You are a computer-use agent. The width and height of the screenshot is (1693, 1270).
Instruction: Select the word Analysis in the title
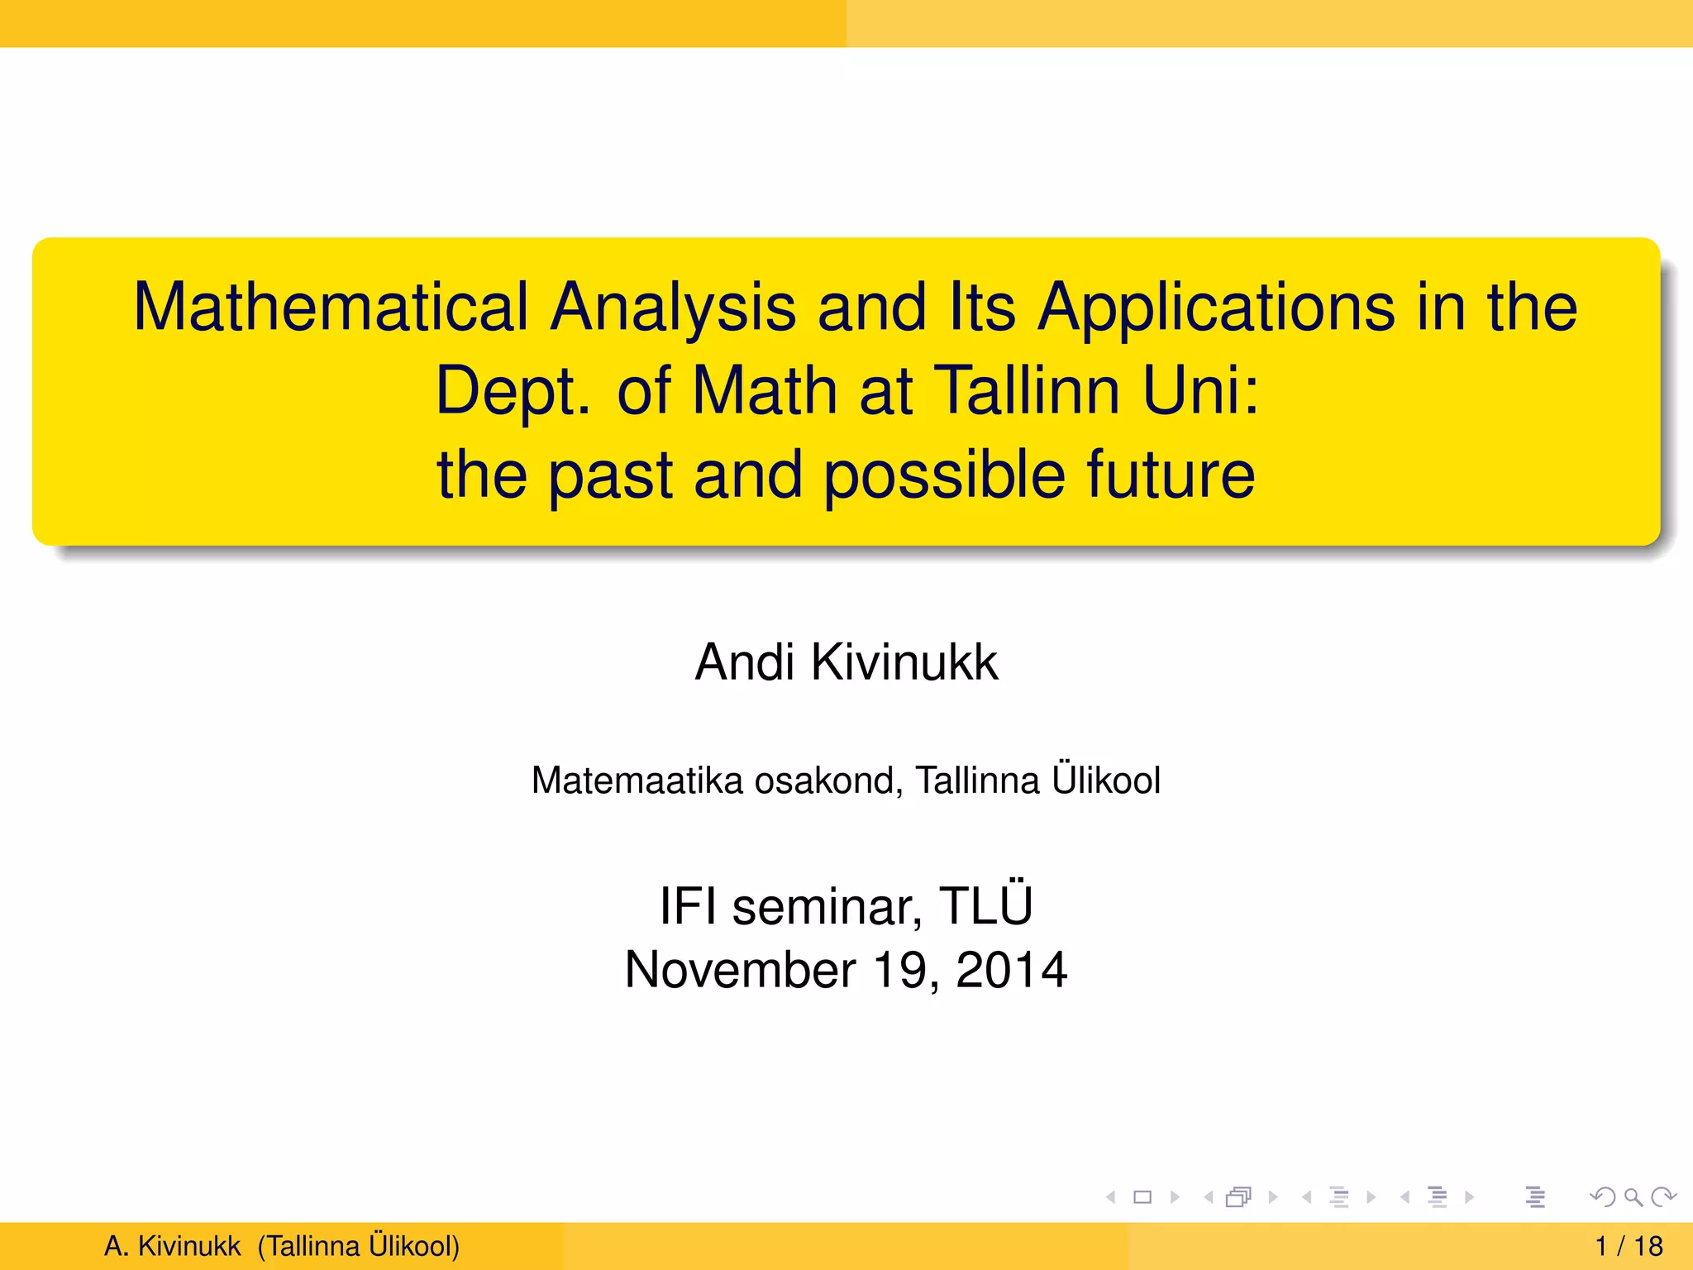673,308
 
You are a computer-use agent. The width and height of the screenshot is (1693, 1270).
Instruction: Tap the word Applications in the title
1215,308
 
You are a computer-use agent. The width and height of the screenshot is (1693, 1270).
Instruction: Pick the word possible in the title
944,475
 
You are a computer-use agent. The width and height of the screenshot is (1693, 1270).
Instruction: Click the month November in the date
740,970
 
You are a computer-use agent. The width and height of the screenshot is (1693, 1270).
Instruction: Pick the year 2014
1011,970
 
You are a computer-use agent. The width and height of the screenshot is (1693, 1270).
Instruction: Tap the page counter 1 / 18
1629,1246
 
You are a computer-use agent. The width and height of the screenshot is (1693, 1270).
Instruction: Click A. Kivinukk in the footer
172,1246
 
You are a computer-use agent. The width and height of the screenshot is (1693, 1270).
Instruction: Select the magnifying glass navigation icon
1633,1196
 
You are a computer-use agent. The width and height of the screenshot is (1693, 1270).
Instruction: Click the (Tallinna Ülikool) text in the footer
358,1246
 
